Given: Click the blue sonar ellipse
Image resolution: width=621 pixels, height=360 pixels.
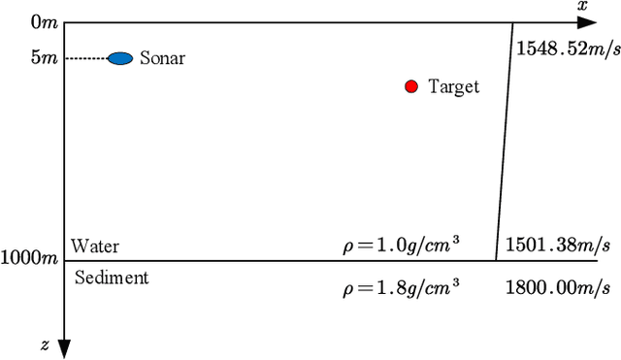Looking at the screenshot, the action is [120, 58].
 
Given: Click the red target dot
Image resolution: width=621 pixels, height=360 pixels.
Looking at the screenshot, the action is [411, 86].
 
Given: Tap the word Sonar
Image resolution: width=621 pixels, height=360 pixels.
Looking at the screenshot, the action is [162, 58].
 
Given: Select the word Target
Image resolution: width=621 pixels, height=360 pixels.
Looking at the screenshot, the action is [453, 87].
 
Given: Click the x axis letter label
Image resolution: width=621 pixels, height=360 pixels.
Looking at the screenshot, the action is [582, 7].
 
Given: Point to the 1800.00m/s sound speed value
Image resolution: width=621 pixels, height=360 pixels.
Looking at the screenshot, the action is [558, 288].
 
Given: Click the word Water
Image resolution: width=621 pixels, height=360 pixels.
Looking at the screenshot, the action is [95, 246].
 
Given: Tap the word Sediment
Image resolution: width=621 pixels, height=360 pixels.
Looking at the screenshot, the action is [112, 278].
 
